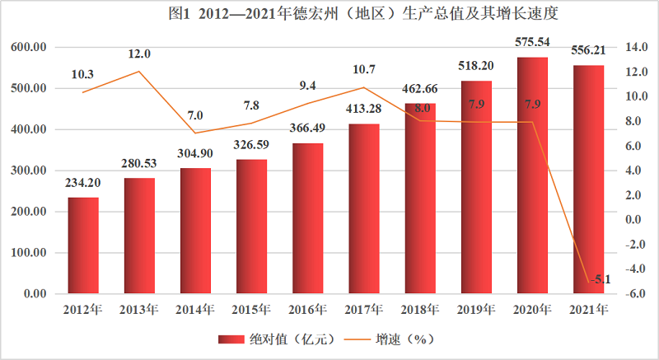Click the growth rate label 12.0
tap(139, 54)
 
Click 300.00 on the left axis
tap(28, 171)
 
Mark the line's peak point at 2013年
tap(139, 72)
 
